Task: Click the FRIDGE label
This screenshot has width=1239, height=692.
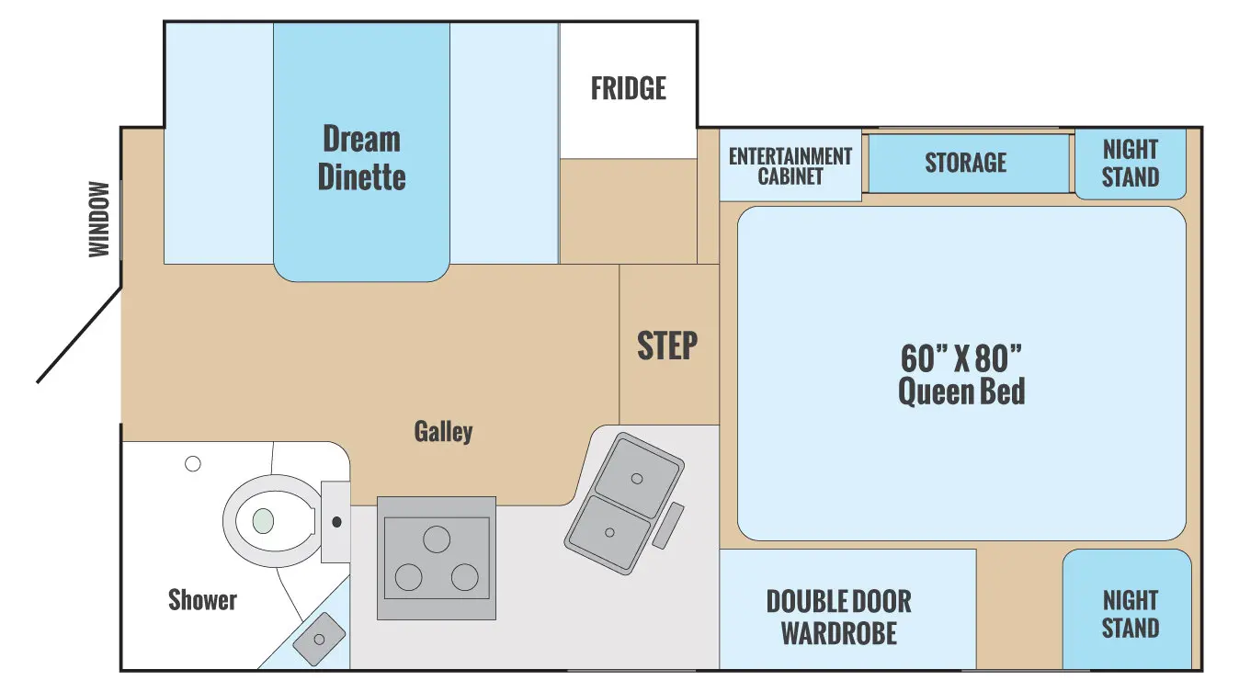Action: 629,89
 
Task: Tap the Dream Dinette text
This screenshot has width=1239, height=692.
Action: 361,158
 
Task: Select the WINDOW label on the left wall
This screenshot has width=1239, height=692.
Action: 99,220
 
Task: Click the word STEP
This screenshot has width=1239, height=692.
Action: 667,346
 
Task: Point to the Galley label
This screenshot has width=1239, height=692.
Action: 443,431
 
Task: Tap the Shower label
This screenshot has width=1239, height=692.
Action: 202,600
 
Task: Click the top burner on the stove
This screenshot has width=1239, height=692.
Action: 437,539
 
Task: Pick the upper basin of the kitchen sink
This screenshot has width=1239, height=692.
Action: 636,476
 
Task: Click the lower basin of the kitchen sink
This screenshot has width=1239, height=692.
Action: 609,533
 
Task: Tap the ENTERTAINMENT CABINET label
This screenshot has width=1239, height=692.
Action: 790,166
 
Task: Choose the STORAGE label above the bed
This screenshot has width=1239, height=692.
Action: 965,163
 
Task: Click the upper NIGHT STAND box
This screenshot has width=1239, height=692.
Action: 1131,163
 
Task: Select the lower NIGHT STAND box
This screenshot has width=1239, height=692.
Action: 1130,614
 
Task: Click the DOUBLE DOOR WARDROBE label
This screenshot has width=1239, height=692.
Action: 838,617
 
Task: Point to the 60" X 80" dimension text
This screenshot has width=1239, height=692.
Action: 961,357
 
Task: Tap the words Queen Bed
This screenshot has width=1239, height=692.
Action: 961,392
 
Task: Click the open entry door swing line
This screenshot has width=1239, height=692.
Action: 79,335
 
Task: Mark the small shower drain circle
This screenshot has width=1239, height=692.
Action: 193,464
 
